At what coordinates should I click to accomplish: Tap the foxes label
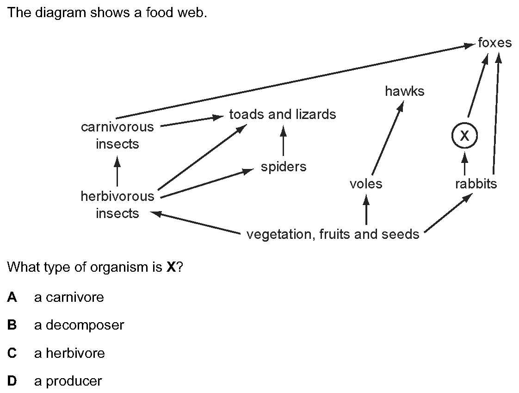[494, 43]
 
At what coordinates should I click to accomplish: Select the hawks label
[404, 91]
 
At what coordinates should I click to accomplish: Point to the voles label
[366, 184]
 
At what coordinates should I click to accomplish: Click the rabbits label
[476, 184]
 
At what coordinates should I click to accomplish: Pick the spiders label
[284, 167]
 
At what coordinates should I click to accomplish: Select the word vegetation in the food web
[281, 235]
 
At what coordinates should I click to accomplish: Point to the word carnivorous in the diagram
[117, 127]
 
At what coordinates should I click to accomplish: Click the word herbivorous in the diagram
[117, 196]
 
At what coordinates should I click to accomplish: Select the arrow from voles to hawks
[388, 138]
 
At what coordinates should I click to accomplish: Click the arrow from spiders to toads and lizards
[283, 141]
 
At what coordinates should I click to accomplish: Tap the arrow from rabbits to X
[465, 163]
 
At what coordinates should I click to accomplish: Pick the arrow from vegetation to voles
[366, 210]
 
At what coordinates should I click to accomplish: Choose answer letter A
[12, 297]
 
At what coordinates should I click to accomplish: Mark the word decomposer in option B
[85, 325]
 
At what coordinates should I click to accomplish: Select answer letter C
[12, 353]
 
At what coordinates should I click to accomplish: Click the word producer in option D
[74, 381]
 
